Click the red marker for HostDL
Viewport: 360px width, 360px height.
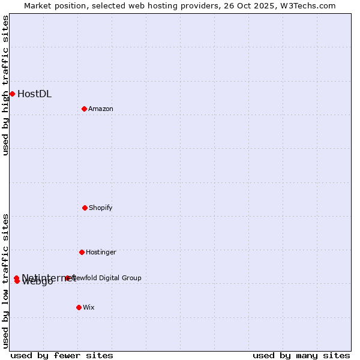(12, 94)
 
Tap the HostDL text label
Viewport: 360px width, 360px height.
(34, 94)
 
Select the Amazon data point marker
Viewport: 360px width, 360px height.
(84, 109)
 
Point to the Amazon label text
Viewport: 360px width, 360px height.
(101, 109)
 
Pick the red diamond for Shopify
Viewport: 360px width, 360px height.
(85, 208)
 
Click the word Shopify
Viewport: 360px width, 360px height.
(101, 208)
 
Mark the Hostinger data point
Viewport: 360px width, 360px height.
(82, 252)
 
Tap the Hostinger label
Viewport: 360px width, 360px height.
(101, 253)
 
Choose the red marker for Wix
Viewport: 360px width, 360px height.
(79, 307)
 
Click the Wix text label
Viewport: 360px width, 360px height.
(89, 308)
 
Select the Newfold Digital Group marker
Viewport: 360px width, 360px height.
(67, 278)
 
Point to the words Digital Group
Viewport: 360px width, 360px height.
(121, 278)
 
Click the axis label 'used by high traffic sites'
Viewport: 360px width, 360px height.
(6, 85)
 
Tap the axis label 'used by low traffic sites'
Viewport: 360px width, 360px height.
(6, 281)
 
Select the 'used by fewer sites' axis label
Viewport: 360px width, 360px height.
(62, 356)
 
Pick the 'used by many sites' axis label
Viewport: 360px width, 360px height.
(301, 356)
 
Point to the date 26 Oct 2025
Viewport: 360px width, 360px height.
(245, 6)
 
